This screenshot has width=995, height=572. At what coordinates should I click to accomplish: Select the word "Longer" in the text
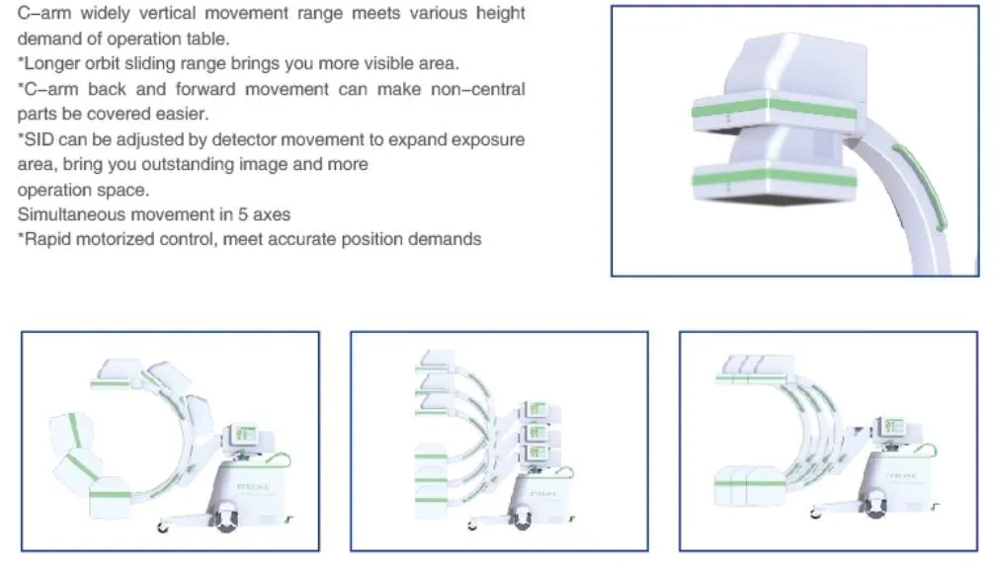tap(48, 64)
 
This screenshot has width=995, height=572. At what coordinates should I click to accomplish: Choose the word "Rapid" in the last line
tap(45, 239)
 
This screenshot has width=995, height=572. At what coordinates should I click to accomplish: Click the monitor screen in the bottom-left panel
tap(245, 434)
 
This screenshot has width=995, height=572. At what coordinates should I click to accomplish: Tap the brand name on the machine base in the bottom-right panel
tap(888, 487)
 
